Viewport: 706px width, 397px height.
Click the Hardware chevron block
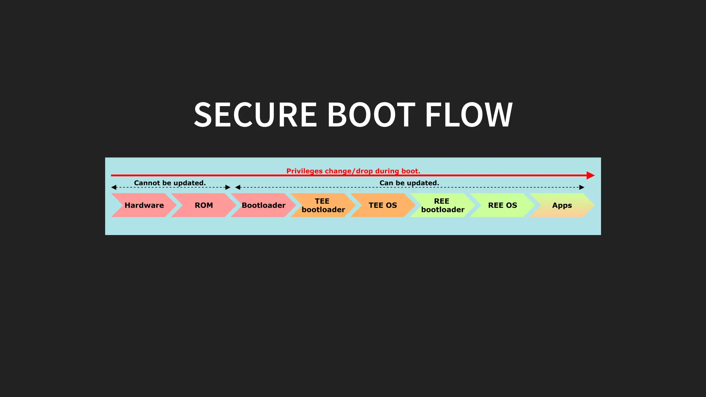[144, 205]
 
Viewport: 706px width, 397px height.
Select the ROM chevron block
[204, 205]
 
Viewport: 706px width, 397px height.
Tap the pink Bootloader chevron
[263, 205]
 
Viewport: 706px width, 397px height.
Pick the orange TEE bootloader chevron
[323, 205]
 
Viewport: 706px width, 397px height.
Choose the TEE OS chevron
[383, 205]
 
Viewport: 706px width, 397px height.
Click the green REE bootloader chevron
[443, 205]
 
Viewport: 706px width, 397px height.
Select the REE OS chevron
[502, 205]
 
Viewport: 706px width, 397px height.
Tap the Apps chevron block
[562, 205]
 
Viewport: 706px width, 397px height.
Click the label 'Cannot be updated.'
[170, 183]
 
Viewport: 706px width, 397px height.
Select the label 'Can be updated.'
[409, 183]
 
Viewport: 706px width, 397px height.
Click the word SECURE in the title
[255, 115]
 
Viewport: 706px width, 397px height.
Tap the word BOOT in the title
[371, 115]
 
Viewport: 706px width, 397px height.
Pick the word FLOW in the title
[469, 115]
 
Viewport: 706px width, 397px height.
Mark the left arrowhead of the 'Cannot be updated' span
[114, 187]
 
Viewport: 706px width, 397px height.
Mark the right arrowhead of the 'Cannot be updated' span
[228, 187]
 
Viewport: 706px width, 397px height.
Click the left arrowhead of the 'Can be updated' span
[238, 187]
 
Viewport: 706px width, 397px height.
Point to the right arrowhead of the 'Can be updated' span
[582, 187]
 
